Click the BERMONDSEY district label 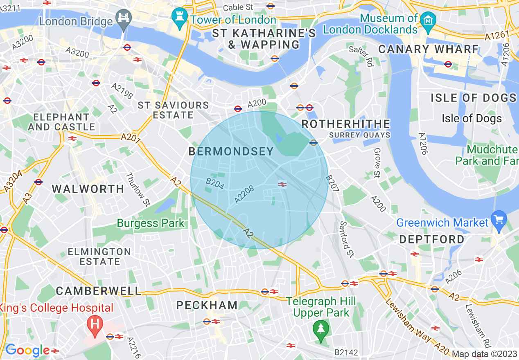click(231, 152)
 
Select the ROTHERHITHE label click(346, 124)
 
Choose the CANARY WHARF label click(428, 49)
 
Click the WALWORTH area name click(88, 189)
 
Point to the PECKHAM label click(207, 305)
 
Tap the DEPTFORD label click(432, 239)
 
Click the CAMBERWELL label click(98, 291)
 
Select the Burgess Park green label click(151, 223)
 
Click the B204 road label click(214, 184)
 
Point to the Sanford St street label click(346, 239)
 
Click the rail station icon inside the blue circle click(282, 184)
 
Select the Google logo click(27, 350)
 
